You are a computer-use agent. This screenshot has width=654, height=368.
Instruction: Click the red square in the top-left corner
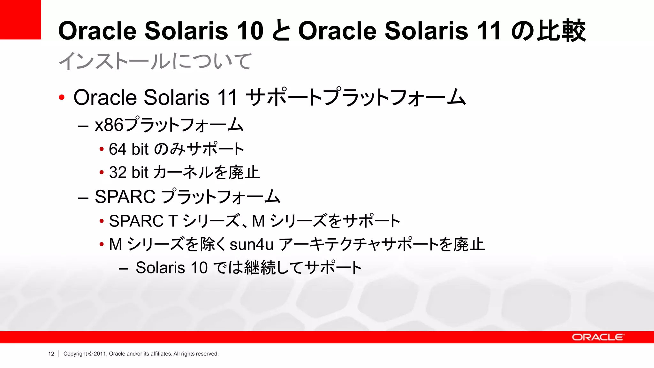click(20, 19)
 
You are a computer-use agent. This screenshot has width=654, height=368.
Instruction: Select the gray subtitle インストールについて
click(155, 61)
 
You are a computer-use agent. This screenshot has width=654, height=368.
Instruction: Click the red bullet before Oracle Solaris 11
click(62, 97)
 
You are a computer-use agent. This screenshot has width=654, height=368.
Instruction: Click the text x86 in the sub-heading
click(109, 125)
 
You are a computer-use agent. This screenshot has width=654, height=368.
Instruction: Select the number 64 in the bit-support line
click(118, 149)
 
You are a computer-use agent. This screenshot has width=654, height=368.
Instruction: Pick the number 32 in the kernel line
click(118, 172)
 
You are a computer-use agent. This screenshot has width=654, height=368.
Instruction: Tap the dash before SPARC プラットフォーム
click(83, 198)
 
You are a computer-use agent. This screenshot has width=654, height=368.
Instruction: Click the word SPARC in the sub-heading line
click(125, 197)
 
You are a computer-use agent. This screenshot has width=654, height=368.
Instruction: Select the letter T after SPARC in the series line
click(173, 221)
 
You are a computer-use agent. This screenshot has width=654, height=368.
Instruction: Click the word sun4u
click(252, 245)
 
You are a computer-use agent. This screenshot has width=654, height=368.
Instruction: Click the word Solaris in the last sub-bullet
click(160, 268)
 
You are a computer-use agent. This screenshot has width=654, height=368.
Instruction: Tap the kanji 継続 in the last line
click(260, 268)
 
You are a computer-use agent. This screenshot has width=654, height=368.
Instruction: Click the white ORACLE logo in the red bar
click(597, 337)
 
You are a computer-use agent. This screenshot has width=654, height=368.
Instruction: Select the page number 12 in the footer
click(51, 354)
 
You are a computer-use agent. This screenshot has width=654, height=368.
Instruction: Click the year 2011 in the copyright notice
click(100, 354)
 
